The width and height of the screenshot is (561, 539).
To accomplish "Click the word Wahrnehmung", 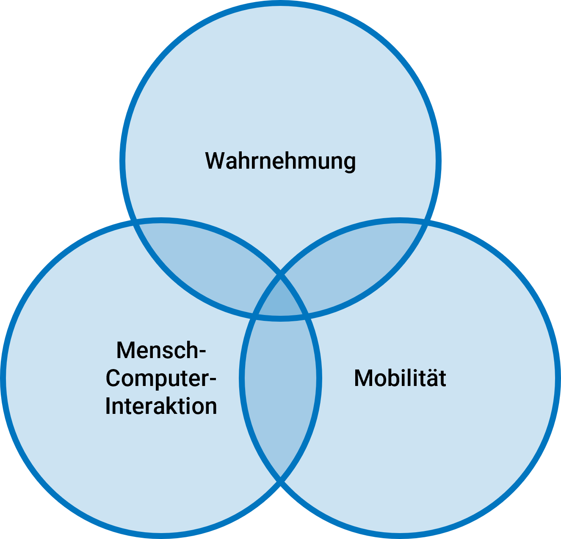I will (280, 161).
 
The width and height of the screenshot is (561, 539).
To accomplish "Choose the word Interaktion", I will (161, 406).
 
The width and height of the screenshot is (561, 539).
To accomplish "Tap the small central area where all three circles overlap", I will (280, 298).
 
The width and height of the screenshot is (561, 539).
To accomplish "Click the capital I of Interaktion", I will (108, 406).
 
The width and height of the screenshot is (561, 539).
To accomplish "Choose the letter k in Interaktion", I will (177, 406).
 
